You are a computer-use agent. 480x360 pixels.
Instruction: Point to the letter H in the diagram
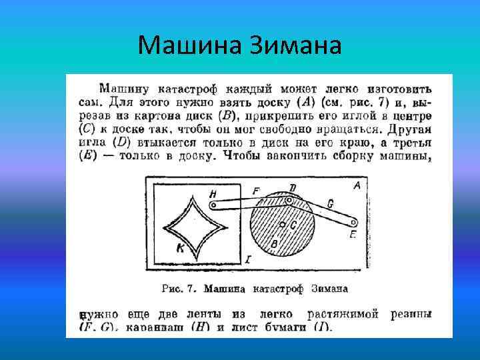coord(213,193)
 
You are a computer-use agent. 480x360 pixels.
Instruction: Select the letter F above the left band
coord(255,191)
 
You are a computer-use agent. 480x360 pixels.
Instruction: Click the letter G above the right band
coord(331,204)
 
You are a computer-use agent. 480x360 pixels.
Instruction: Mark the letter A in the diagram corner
coord(357,187)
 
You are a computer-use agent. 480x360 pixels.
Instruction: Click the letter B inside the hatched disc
coord(274,244)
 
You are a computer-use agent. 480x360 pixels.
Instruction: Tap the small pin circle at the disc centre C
coord(283,223)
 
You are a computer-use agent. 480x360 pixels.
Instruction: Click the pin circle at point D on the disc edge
coord(290,199)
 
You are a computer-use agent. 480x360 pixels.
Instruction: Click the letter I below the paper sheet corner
coord(248,259)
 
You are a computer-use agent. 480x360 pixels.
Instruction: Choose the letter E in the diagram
coord(353,235)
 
